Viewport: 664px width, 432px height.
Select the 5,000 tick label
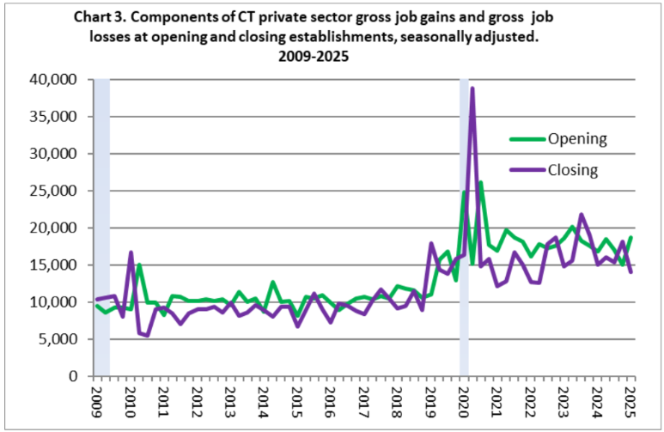[59, 339]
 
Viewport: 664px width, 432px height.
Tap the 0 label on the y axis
[73, 376]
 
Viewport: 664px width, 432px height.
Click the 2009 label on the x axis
[96, 399]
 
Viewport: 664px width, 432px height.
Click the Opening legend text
[577, 138]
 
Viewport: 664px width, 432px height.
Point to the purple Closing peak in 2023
[582, 215]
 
